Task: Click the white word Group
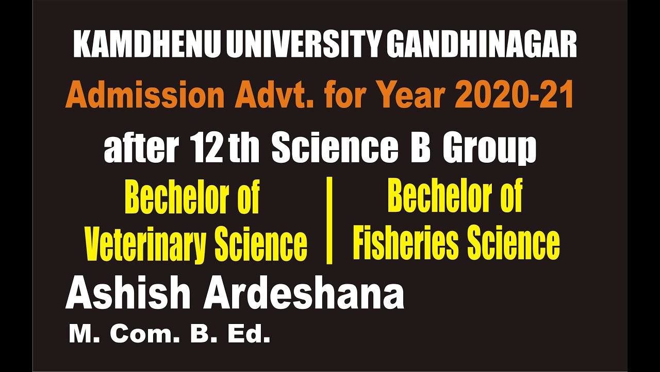(x=490, y=149)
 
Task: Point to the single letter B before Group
(x=420, y=148)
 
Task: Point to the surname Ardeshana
(x=304, y=295)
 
